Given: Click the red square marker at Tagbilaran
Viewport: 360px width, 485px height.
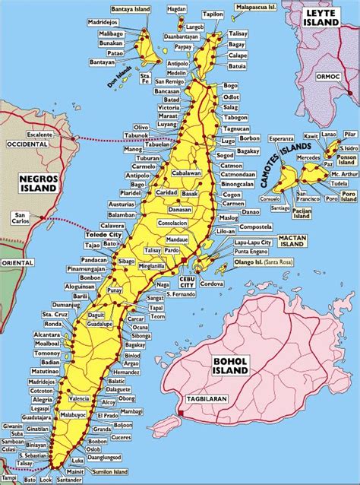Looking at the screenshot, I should [x=182, y=413].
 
